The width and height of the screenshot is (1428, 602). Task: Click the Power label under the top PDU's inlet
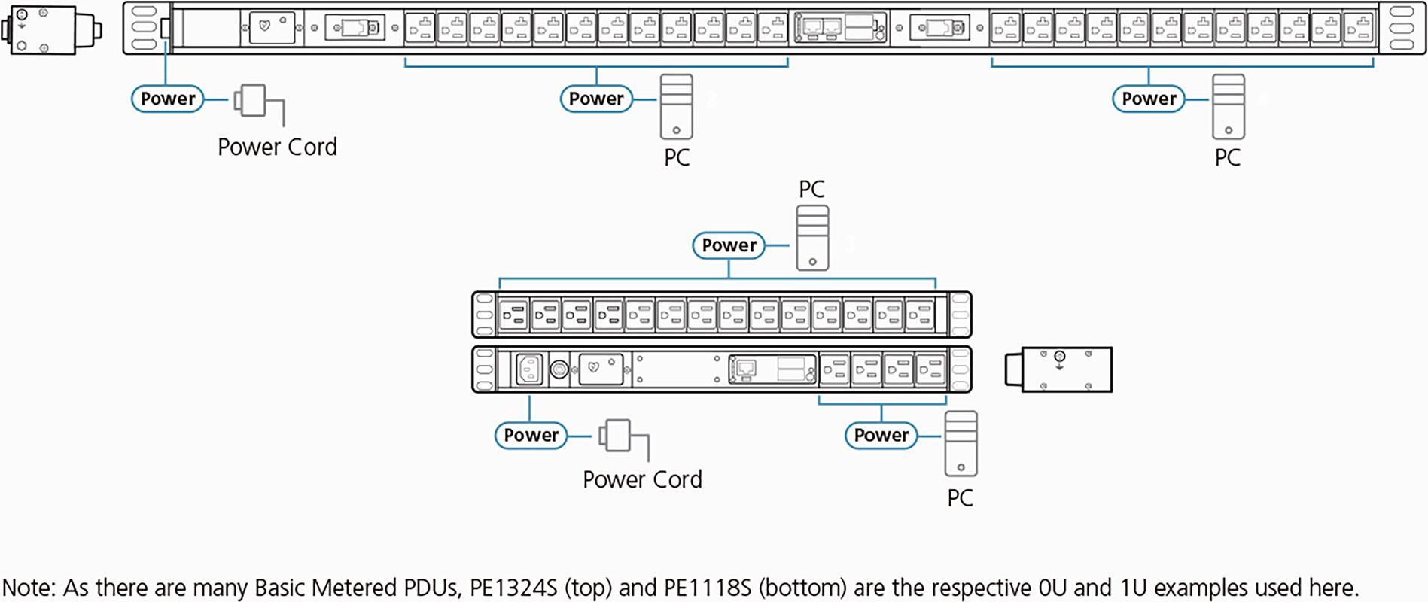tap(167, 99)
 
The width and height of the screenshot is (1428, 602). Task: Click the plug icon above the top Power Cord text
tap(252, 100)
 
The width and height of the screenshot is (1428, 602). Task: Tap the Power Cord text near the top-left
tap(277, 147)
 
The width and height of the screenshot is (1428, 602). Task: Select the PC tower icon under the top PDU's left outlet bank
tap(676, 106)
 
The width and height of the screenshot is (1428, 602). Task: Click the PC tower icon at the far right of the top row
tap(1228, 106)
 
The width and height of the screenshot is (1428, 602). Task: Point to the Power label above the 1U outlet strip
tap(728, 245)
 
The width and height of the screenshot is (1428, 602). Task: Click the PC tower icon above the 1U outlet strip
tap(812, 238)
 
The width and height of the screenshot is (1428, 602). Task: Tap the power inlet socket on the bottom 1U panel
tap(529, 369)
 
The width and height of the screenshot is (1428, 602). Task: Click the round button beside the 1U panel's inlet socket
tap(559, 369)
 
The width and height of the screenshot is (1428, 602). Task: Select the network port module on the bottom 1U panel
tap(772, 369)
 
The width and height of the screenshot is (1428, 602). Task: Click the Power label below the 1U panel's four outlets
tap(881, 436)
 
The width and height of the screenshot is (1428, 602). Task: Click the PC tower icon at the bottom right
tap(961, 443)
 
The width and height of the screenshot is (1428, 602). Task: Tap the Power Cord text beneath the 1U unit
tap(642, 479)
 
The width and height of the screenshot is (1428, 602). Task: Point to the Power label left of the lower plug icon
tap(531, 436)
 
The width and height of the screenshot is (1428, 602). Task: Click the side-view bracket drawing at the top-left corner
tap(51, 29)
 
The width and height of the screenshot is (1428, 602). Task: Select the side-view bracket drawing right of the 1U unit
tap(1058, 369)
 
